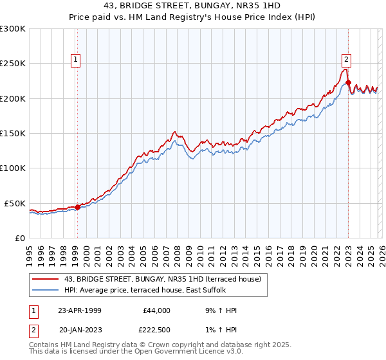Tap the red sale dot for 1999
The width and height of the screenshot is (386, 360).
[x=77, y=207]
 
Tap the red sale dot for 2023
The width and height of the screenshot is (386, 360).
[x=348, y=82]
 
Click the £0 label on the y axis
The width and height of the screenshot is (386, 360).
[x=19, y=238]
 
